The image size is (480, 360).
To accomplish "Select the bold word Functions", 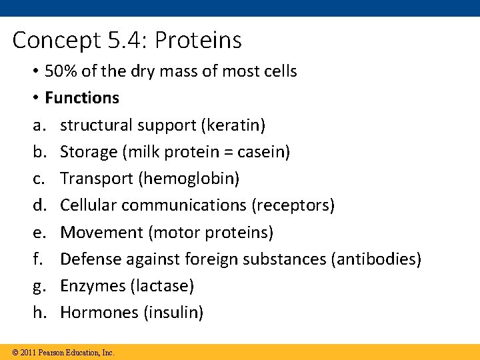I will [x=82, y=98].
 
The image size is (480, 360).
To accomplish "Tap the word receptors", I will [x=293, y=205].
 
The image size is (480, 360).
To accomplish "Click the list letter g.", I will [x=38, y=287].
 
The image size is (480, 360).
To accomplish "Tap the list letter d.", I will [x=38, y=205].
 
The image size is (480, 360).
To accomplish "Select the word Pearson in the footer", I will [x=51, y=352].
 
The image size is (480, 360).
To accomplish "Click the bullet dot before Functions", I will [x=37, y=99].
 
